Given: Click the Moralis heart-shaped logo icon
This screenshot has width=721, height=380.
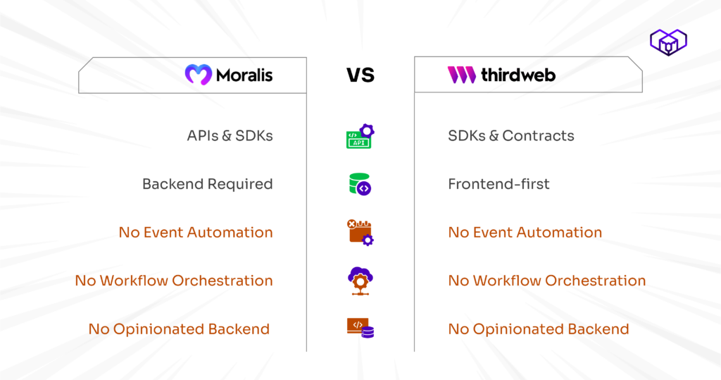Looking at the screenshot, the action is [x=199, y=75].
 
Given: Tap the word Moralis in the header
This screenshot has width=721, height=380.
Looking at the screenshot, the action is [x=244, y=75].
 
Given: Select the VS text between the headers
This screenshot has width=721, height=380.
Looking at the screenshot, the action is [x=360, y=75].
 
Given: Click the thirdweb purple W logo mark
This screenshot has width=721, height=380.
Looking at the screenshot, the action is [x=462, y=75].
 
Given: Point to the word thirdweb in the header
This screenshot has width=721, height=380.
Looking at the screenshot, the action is [x=518, y=75].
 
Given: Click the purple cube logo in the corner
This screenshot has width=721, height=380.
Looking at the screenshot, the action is [x=669, y=42].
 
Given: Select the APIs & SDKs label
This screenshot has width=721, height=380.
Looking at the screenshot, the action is [x=230, y=136].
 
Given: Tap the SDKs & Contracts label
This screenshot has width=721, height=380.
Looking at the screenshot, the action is [x=511, y=136].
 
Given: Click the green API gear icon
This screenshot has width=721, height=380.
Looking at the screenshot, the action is [x=360, y=136].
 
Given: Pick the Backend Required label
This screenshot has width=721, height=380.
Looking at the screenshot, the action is [x=208, y=184].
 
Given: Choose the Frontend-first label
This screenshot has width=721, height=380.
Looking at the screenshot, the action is [x=499, y=184].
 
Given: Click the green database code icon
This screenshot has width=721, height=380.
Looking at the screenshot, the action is [x=360, y=184].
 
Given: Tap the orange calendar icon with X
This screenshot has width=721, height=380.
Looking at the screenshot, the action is [x=360, y=232].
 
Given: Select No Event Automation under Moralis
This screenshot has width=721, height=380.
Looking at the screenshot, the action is [x=196, y=233].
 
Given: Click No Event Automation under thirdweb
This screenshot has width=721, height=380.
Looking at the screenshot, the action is [x=525, y=233].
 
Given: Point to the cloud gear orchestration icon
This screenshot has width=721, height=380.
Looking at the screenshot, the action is [x=360, y=281].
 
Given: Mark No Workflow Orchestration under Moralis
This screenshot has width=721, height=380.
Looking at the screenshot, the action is [x=174, y=281].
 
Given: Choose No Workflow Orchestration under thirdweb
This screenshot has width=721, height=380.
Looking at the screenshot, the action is [x=546, y=281].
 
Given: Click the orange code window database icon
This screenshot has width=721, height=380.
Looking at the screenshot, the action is [x=360, y=328].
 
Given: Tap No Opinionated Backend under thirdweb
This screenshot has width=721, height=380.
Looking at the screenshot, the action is [x=539, y=329].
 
